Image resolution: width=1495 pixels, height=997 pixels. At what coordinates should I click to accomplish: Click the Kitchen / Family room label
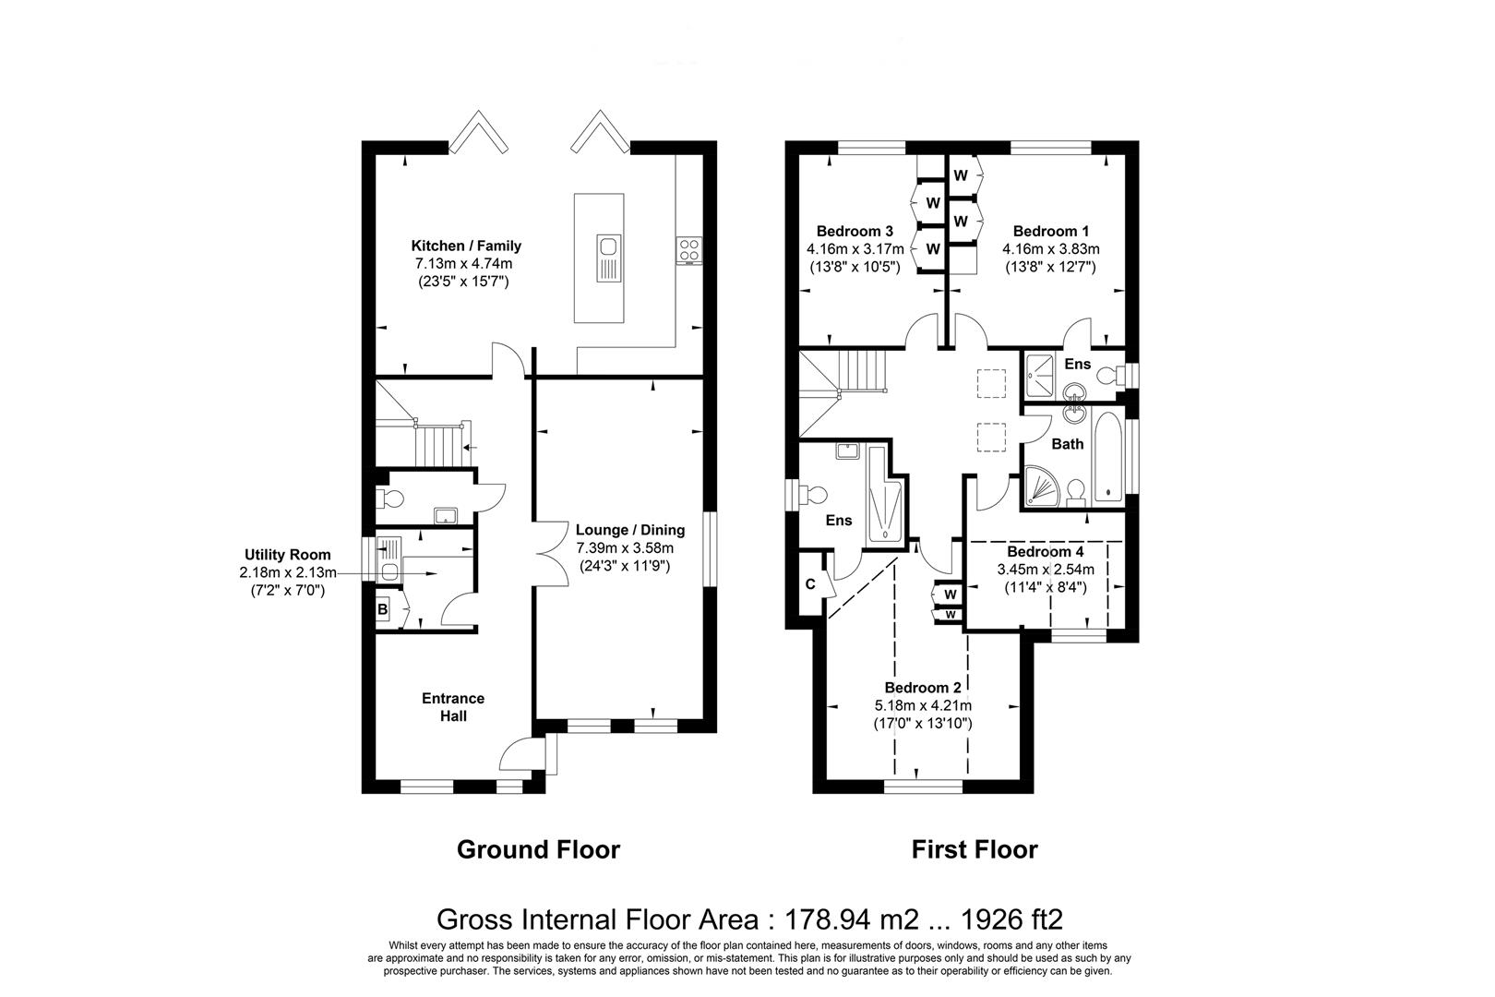click(x=466, y=246)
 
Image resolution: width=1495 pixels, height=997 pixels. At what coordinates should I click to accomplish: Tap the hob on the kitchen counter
click(x=688, y=250)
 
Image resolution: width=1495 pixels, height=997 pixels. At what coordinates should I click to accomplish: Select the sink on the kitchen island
click(x=608, y=258)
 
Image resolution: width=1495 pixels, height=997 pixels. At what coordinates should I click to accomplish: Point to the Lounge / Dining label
click(x=630, y=530)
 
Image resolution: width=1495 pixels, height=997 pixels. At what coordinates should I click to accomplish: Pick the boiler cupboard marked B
click(x=383, y=609)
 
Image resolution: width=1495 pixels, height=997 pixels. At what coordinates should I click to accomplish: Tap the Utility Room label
click(x=288, y=555)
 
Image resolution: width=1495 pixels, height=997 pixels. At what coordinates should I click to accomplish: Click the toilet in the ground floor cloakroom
click(x=390, y=498)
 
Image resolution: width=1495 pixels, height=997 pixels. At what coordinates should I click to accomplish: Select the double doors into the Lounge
click(x=551, y=553)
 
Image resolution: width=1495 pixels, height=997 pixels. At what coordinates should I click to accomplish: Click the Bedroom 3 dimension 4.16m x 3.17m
click(x=855, y=249)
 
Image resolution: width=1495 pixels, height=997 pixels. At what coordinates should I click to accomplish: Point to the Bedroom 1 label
click(x=1050, y=231)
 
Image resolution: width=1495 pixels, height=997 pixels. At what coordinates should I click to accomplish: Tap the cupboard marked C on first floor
click(x=810, y=584)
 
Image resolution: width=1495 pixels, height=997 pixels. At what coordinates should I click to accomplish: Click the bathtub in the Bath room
click(x=1108, y=457)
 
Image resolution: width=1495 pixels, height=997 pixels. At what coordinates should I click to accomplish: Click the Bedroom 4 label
click(x=1046, y=552)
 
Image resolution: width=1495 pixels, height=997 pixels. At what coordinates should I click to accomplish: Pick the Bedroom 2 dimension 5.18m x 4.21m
click(x=923, y=705)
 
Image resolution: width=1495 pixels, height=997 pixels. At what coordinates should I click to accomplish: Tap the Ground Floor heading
click(x=539, y=849)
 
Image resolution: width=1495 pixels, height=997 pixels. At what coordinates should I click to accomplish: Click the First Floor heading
click(x=975, y=849)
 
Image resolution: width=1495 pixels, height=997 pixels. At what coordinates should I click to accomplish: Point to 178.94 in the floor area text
click(x=827, y=919)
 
